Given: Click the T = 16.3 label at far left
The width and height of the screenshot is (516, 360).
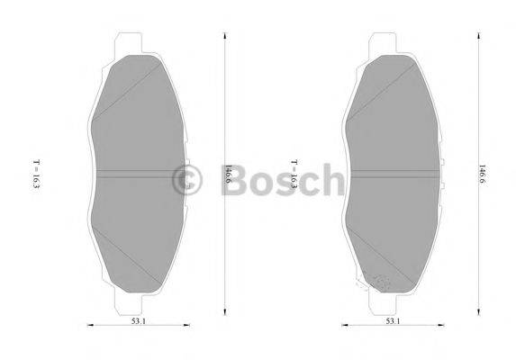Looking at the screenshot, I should pos(36,175).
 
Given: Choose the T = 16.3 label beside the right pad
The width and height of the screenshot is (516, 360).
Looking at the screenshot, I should pos(293,175).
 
